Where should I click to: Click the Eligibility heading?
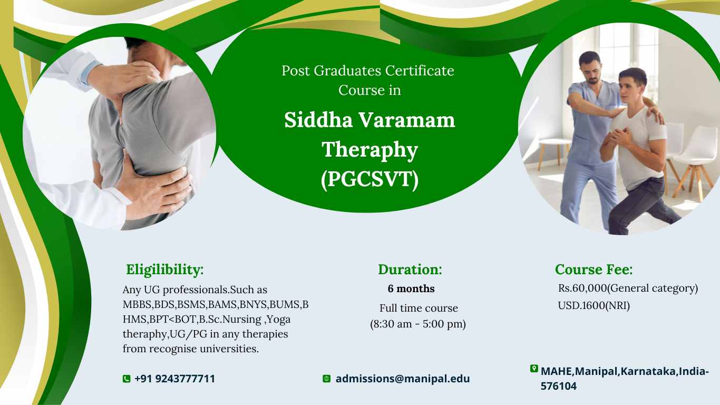tap(164, 269)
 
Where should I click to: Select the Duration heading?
tap(410, 269)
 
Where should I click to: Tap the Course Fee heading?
tap(593, 269)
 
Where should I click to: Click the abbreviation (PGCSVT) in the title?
tap(369, 179)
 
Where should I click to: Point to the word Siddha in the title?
tap(318, 120)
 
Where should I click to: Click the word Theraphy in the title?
tap(369, 150)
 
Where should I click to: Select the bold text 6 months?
tap(411, 288)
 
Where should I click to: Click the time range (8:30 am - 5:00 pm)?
tap(418, 324)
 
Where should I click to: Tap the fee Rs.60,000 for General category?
tap(628, 288)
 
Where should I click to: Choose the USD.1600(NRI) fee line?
tap(593, 305)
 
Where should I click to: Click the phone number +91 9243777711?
tap(175, 379)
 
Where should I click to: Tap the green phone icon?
tap(127, 379)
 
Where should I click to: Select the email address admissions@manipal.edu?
tap(403, 379)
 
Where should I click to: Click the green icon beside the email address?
tap(327, 379)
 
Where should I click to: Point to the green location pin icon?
tap(534, 369)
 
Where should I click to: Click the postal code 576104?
tap(559, 386)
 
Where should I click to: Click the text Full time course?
tap(419, 308)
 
